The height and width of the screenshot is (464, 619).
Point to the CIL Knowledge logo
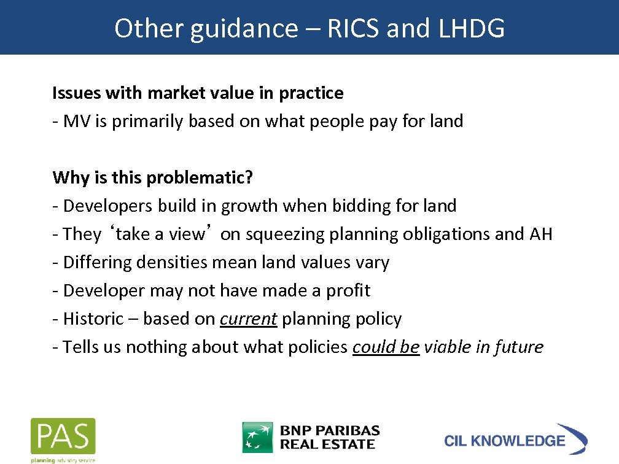tap(515, 439)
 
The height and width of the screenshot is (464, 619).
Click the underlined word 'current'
tap(248, 319)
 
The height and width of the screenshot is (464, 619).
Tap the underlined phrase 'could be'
tap(386, 347)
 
